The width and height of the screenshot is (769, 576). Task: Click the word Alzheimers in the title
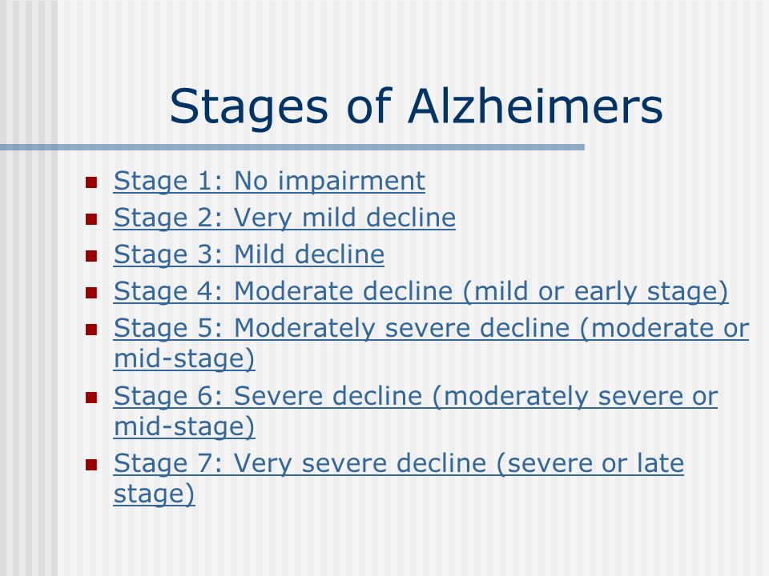(535, 106)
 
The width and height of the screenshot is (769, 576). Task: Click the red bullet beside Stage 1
(91, 182)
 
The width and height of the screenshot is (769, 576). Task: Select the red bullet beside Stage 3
(91, 256)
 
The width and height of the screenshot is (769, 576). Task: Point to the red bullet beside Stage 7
(91, 464)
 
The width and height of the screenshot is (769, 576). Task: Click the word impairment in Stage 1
(351, 182)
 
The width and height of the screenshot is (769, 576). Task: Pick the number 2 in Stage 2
(205, 218)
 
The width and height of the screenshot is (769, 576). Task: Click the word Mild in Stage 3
(260, 254)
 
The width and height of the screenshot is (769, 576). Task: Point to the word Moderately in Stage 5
(304, 329)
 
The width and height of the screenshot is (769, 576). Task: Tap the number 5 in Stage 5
(205, 328)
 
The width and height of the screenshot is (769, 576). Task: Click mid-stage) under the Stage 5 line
(184, 359)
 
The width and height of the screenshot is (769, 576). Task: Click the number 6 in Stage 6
(205, 396)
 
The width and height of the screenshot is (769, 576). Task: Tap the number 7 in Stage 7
(205, 463)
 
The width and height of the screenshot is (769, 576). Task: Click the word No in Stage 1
(251, 181)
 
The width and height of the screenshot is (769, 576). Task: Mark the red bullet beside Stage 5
(91, 330)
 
